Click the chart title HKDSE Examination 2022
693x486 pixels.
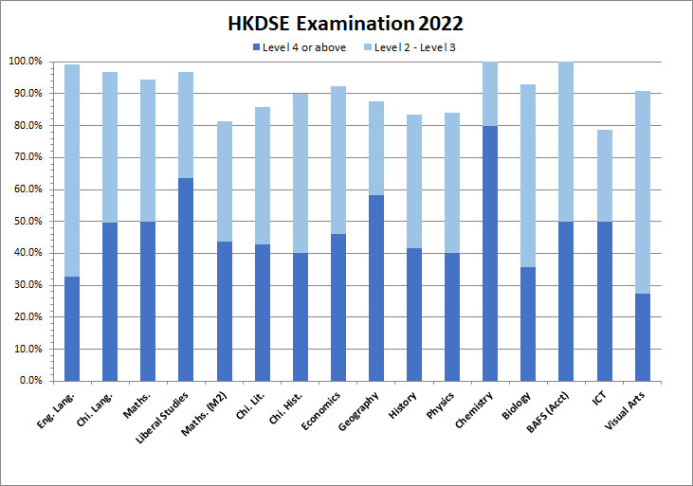click(346, 22)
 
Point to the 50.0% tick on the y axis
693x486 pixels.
click(26, 221)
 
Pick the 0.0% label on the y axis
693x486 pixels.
click(28, 381)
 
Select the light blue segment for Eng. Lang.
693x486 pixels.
click(72, 171)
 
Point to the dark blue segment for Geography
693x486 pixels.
click(376, 288)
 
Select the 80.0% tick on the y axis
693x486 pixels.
click(26, 125)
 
